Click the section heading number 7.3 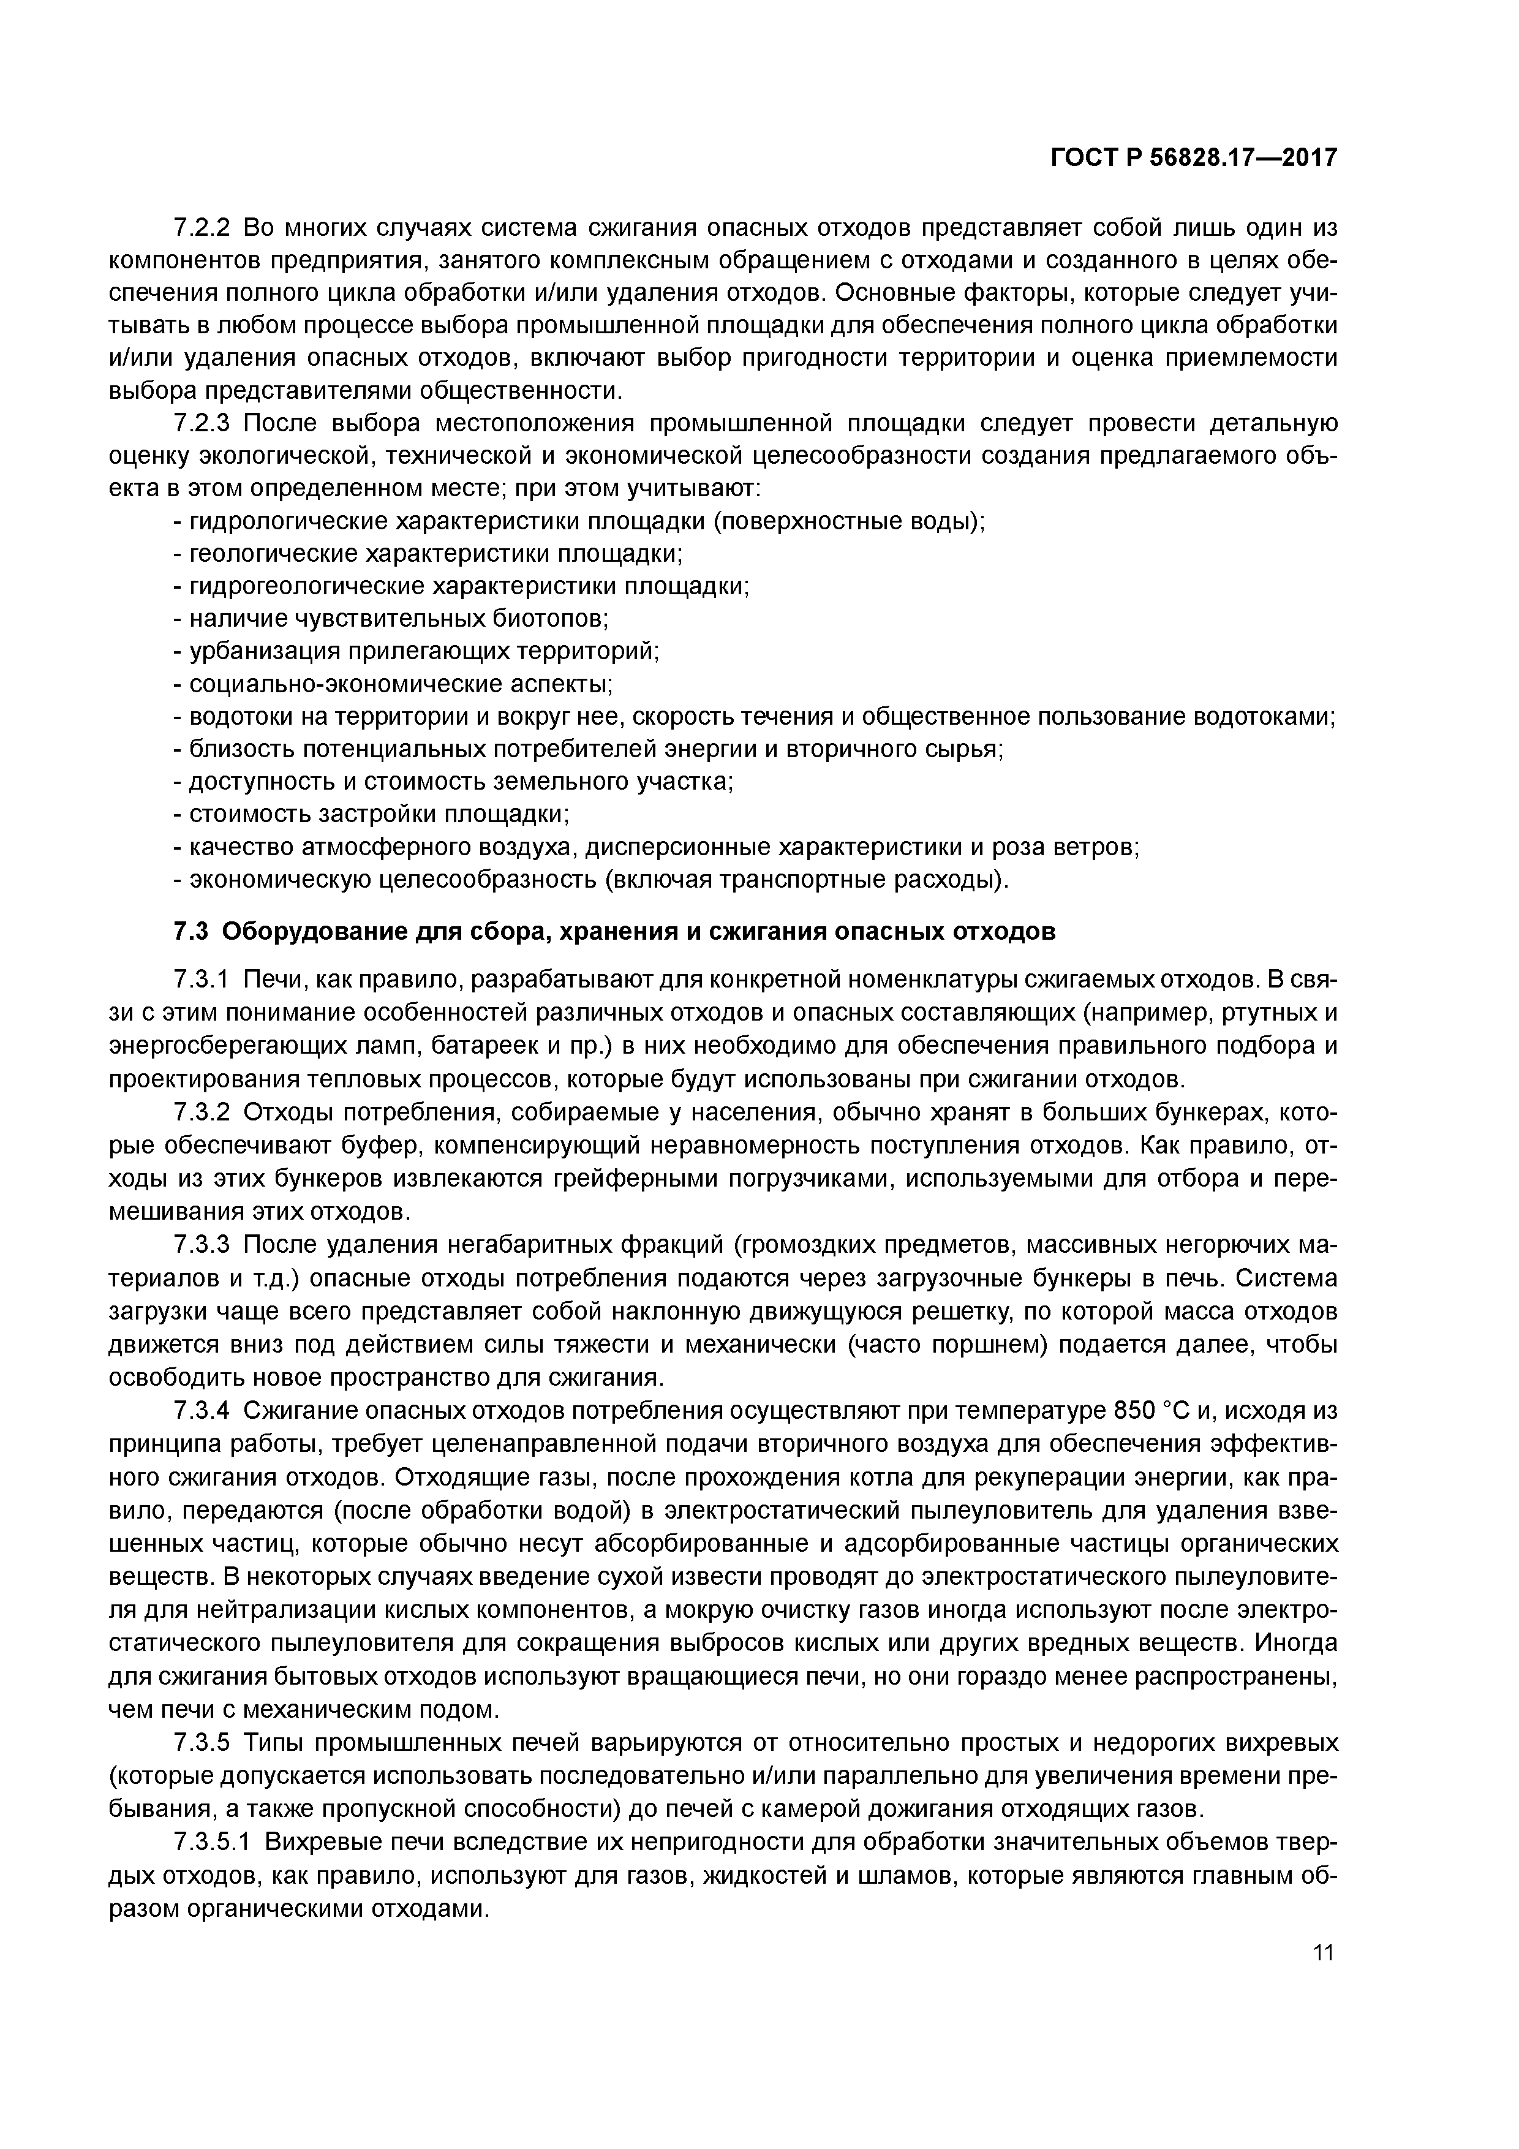[x=192, y=932]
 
